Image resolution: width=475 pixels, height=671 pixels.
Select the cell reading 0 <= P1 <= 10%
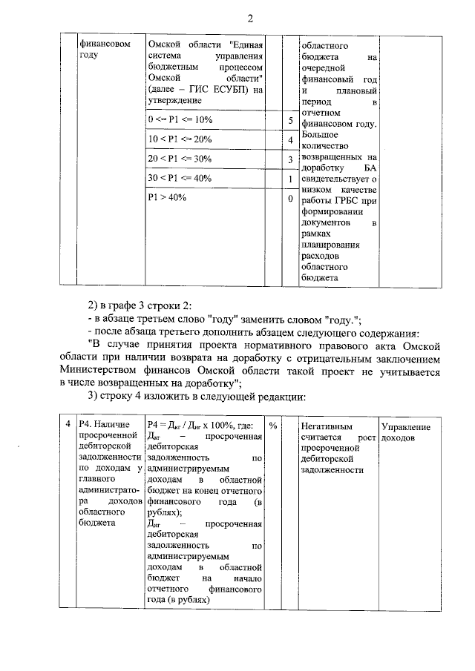click(180, 120)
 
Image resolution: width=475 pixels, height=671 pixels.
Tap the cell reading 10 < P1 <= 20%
click(180, 139)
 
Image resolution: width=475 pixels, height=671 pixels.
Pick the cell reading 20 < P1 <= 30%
click(180, 159)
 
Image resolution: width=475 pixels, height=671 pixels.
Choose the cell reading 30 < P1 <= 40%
click(180, 179)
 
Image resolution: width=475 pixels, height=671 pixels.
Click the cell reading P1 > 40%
click(167, 199)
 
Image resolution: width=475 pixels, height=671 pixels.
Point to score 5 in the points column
click(290, 121)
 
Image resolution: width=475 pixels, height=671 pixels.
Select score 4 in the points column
click(290, 140)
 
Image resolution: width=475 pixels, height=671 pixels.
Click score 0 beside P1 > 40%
click(290, 199)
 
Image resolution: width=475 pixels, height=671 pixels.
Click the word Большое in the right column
click(320, 135)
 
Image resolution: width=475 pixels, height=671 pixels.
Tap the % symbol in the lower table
click(273, 426)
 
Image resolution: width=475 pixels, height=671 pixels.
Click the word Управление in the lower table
click(405, 427)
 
